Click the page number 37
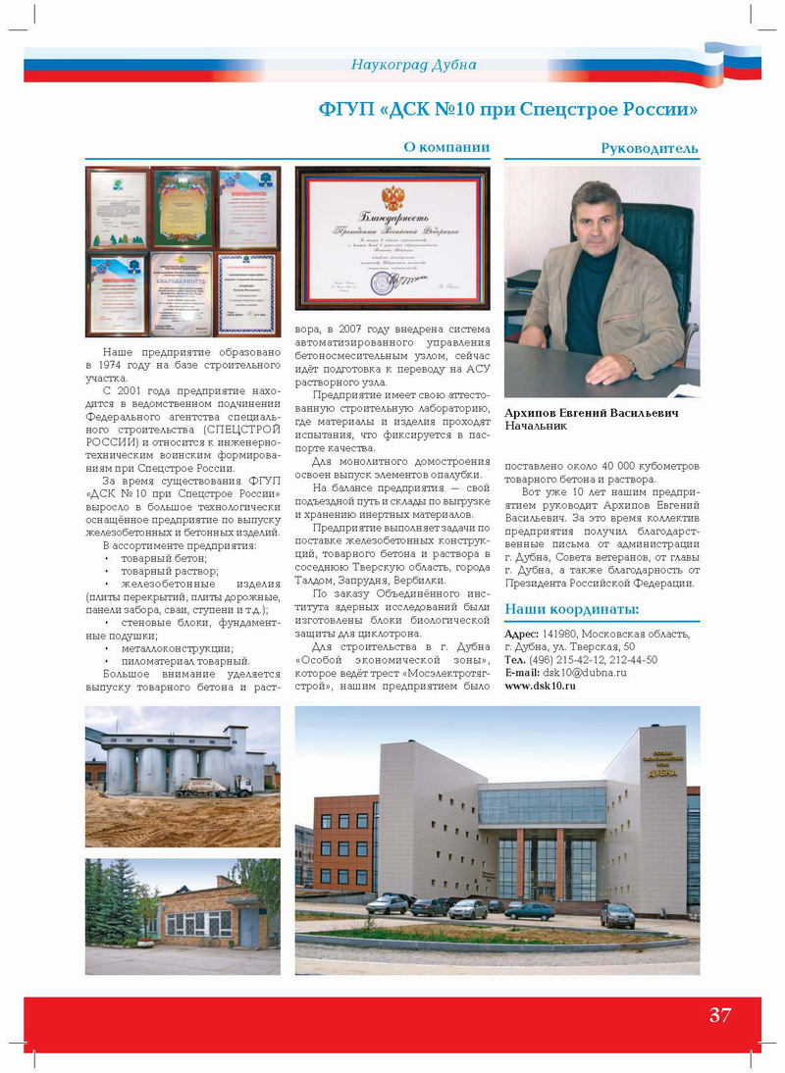click(719, 1015)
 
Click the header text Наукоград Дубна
click(413, 65)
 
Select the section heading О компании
click(446, 147)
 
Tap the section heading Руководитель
click(650, 148)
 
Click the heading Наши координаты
click(571, 609)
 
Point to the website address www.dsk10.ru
click(540, 686)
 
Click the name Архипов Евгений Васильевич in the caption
click(591, 413)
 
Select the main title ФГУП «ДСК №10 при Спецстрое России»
click(508, 107)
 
